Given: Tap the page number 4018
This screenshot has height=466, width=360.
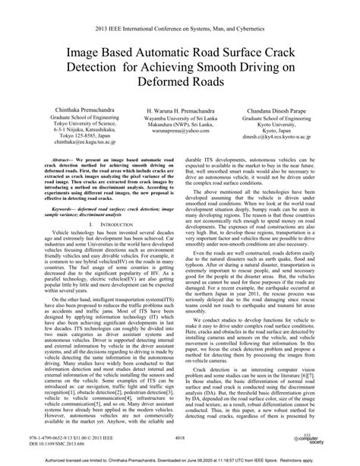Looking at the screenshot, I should tap(179, 437).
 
